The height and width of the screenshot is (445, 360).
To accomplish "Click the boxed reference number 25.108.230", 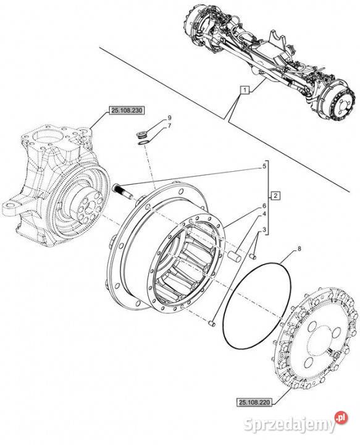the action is pos(127,111).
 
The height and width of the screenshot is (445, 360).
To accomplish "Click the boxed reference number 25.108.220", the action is pos(254,402).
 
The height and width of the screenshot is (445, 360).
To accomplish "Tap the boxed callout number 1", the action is pos(245,90).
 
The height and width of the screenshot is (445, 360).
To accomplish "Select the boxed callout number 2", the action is pos(275,195).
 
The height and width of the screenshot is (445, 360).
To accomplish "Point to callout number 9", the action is pos(170,117).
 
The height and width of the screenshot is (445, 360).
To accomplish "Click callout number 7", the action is pos(170,125).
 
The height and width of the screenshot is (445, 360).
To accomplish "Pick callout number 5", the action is pos(264,166).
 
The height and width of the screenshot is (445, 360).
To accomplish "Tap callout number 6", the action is pos(264,205).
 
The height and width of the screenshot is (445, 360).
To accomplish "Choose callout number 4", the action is pos(264,214).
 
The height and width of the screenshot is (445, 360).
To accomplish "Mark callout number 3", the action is pos(264,230).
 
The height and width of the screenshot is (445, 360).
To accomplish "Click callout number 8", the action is pos(299,249).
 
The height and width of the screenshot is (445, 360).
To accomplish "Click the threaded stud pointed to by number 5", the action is pos(123,191).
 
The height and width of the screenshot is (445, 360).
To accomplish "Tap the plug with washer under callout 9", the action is pos(141,135).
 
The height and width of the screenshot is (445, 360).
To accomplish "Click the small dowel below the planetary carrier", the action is pos(212,323).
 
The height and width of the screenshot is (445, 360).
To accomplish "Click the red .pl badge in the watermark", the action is pos(341,418).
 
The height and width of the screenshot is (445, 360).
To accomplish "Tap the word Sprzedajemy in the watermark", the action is pos(290,425).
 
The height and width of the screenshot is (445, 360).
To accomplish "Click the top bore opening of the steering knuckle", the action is pos(48,137).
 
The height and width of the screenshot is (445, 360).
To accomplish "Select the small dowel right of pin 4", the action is pos(253,256).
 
